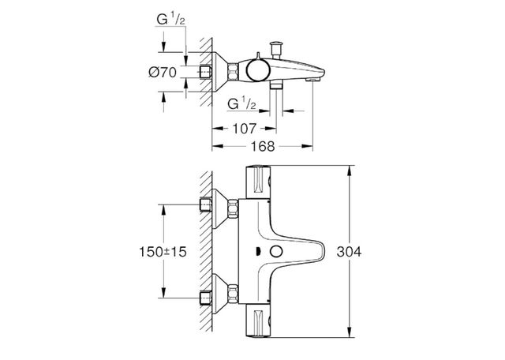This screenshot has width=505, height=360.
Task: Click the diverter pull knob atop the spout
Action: pyautogui.click(x=278, y=47)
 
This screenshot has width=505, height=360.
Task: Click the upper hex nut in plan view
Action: pyautogui.click(x=234, y=208)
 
